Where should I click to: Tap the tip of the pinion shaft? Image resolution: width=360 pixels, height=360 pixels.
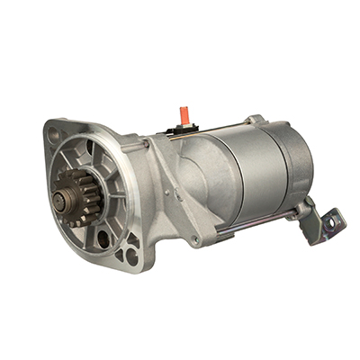62,192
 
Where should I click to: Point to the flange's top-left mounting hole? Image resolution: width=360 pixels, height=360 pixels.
55,133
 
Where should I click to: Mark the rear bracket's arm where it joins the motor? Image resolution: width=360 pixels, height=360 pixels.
306,210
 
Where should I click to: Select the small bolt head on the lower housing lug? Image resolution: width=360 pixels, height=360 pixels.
195,241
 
